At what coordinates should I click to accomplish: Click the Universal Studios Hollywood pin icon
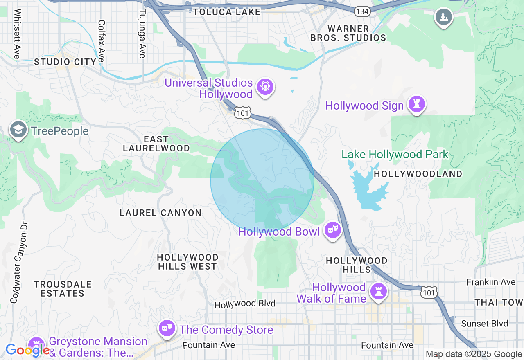pos(265,87)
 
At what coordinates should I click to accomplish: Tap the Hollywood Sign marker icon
pos(417,104)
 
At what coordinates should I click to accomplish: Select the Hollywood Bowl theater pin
pos(332,230)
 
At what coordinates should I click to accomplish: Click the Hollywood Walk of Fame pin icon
pos(379,292)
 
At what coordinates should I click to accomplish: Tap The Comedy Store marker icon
pos(167,328)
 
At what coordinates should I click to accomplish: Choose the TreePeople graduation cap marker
pos(18,130)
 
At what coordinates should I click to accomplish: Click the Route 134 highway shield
pos(362,11)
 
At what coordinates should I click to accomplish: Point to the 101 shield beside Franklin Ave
pos(429,292)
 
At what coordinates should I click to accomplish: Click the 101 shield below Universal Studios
pos(242,113)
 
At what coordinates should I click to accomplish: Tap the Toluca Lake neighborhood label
pos(227,12)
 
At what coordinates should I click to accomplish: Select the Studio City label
pos(65,62)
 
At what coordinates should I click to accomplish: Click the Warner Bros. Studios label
pos(348,33)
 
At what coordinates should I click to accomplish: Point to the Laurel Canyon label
pos(160,213)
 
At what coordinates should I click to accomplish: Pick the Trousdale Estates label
pos(63,289)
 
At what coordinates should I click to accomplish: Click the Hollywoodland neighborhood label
pos(418,174)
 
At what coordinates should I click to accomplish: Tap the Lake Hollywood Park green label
pos(395,155)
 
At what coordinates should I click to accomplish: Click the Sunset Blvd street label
pos(484,324)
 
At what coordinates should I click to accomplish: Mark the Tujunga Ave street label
pos(142,34)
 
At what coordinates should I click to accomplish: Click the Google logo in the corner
pos(27,350)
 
